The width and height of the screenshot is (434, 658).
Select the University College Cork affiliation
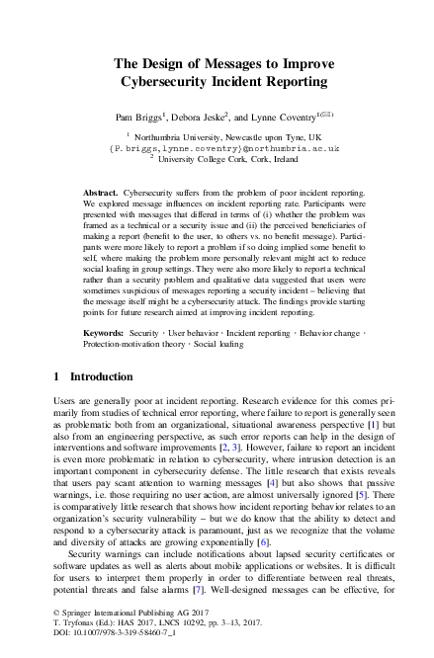[x=222, y=157]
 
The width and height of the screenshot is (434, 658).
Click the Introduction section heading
[x=91, y=376]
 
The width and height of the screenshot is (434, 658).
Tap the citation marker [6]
[x=262, y=543]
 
